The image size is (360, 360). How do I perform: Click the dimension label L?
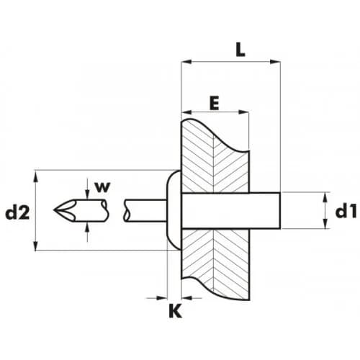[x=240, y=50]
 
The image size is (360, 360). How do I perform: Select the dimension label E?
[x=215, y=104]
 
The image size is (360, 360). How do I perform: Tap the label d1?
[x=346, y=212]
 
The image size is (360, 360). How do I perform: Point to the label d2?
[x=17, y=212]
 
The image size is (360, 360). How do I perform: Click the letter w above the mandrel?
[x=102, y=187]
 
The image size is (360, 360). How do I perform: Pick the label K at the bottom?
[x=175, y=311]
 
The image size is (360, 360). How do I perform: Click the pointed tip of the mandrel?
[x=54, y=210]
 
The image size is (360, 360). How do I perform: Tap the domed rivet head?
[x=174, y=210]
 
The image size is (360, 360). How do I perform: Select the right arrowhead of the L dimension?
[x=275, y=62]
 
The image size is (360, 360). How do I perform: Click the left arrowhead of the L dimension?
[x=187, y=62]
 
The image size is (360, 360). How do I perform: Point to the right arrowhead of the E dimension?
[x=243, y=112]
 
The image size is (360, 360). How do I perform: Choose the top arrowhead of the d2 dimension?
[x=36, y=176]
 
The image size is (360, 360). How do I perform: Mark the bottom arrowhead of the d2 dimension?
[x=36, y=245]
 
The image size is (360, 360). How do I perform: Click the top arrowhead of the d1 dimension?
[x=325, y=198]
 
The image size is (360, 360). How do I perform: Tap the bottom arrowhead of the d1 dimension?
[x=325, y=223]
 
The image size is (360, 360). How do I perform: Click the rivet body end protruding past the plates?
[x=265, y=210]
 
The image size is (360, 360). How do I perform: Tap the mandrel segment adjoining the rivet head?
[x=145, y=210]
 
